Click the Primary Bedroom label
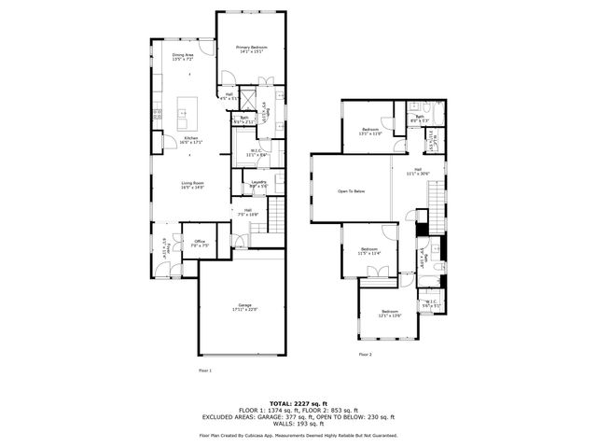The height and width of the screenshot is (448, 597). [251, 49]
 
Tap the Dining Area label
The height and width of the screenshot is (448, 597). [183, 57]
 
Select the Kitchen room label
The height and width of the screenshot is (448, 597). [190, 140]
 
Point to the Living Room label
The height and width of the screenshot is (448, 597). [192, 185]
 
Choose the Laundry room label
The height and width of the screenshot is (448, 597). [258, 184]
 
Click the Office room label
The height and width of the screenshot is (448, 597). [199, 244]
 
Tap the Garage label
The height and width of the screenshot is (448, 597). [245, 307]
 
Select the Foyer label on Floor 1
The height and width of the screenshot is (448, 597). [165, 247]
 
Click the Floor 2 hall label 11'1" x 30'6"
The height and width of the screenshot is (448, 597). [418, 172]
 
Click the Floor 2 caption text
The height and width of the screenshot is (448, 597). [365, 355]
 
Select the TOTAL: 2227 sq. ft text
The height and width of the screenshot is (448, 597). [298, 401]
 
